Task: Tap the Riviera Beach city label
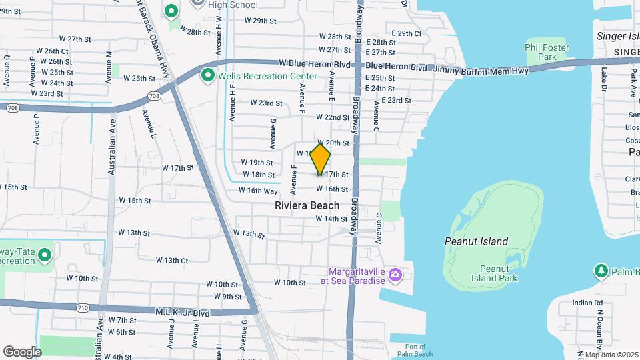coord(307,205)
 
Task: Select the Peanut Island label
coord(476,241)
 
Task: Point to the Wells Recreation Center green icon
coord(207,76)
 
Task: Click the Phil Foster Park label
coord(547,52)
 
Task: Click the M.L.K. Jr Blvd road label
coord(183,313)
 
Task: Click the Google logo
coord(22,351)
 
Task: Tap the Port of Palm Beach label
coord(415,350)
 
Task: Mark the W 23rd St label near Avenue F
coord(266,103)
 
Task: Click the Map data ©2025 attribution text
coord(612,355)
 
